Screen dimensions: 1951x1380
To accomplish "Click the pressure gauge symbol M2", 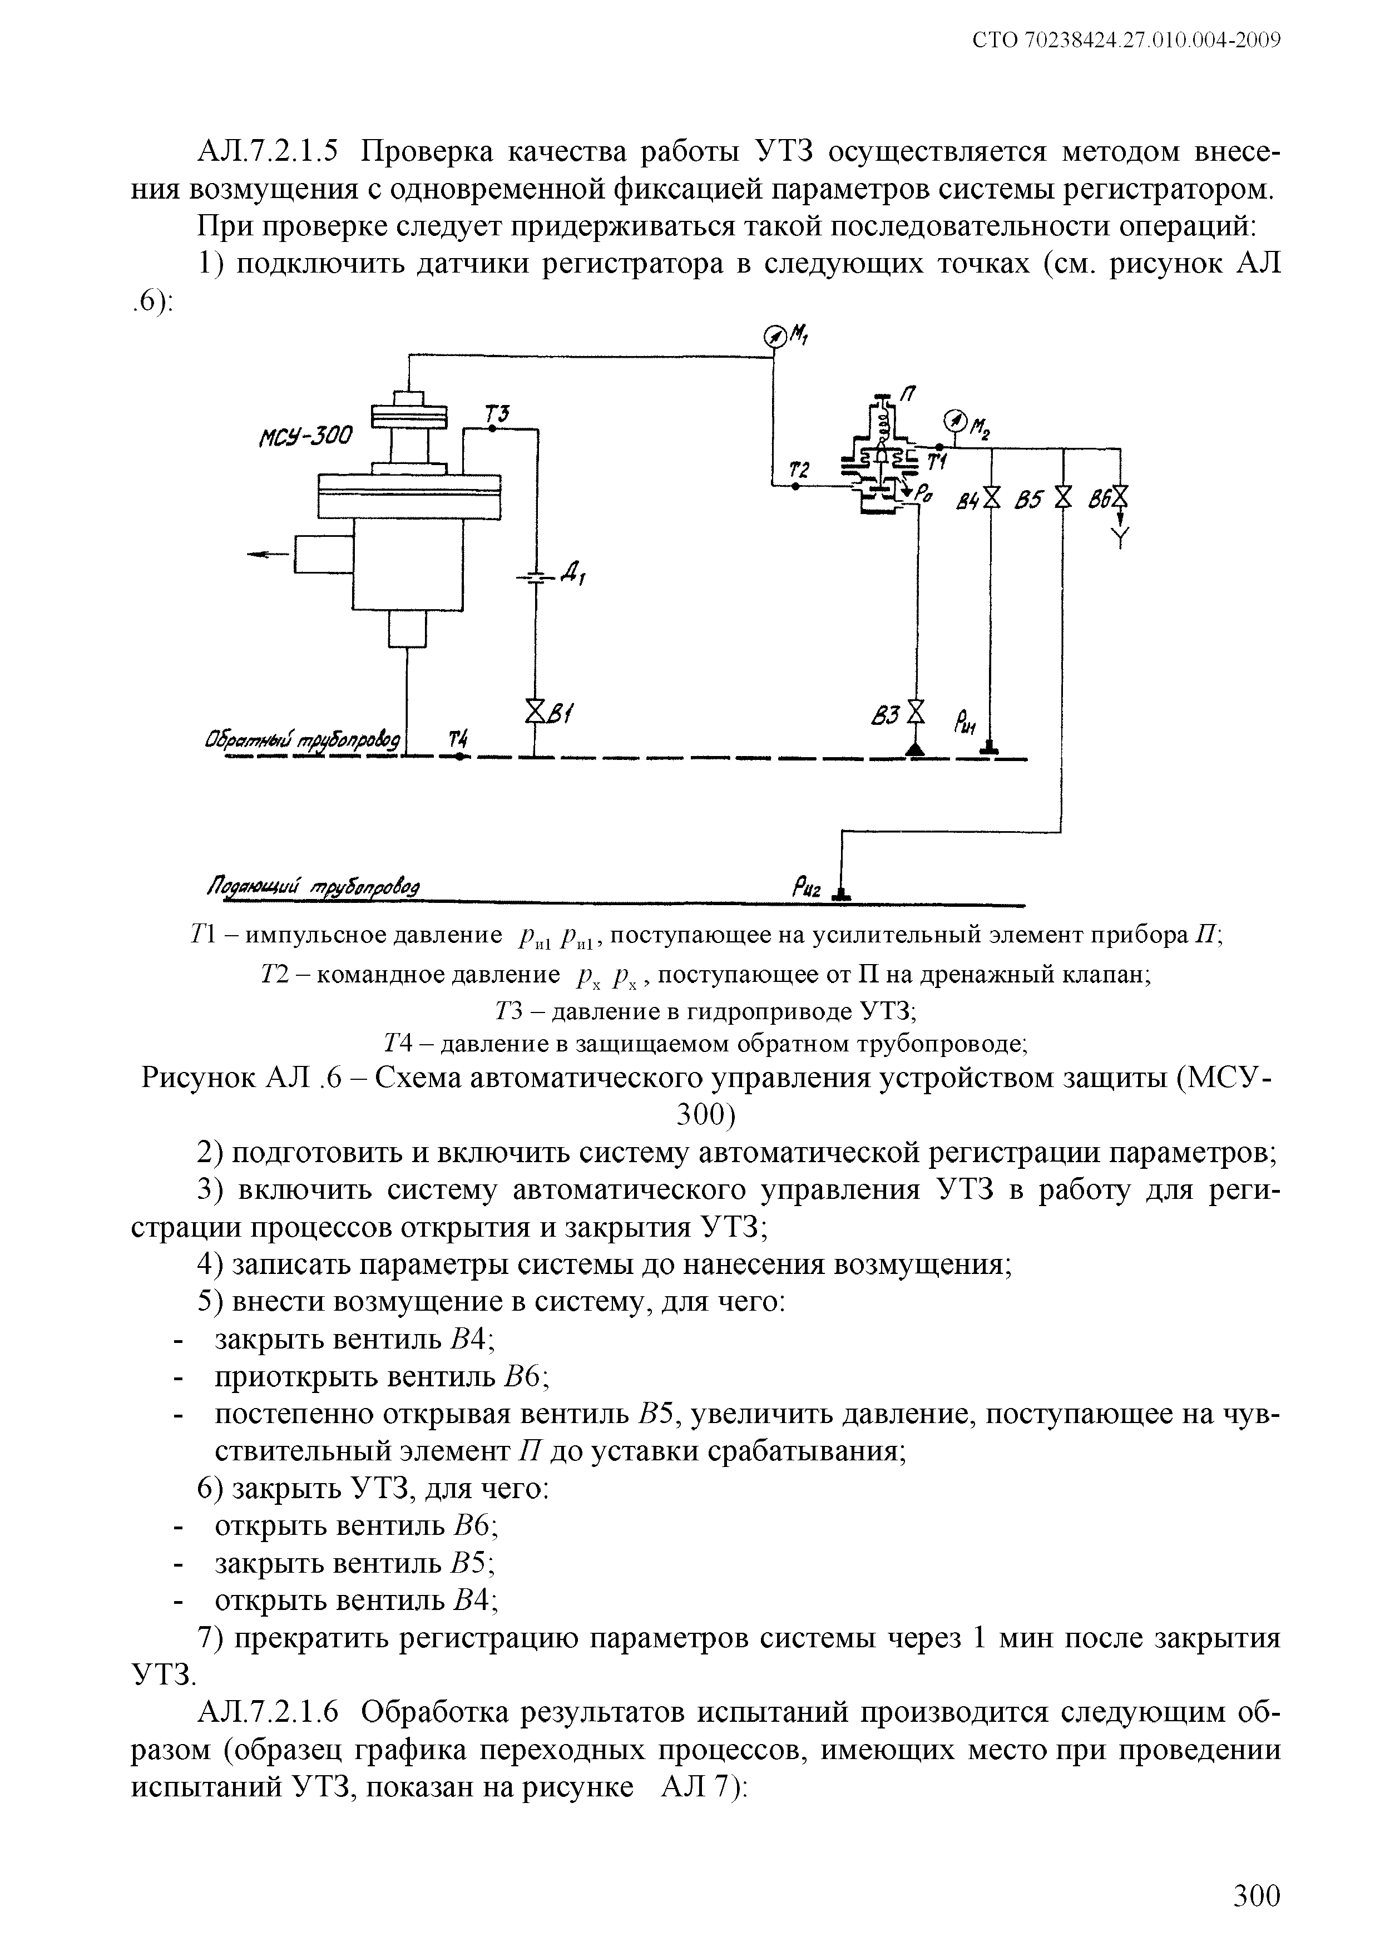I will pos(954,421).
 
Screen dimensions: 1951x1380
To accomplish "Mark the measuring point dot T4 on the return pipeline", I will pos(458,757).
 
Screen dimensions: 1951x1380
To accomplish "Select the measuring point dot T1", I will pos(938,447).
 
